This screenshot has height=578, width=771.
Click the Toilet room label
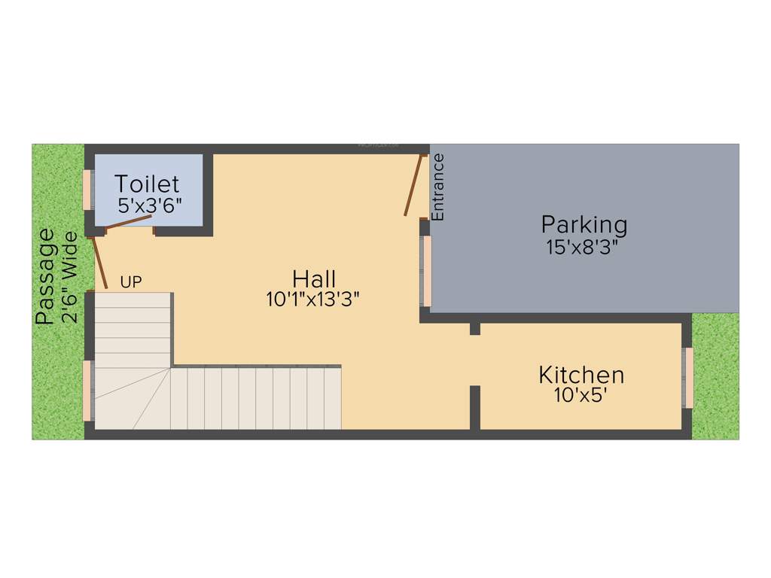pyautogui.click(x=147, y=184)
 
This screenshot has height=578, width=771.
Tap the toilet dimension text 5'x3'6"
pyautogui.click(x=151, y=205)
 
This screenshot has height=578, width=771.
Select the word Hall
pyautogui.click(x=314, y=278)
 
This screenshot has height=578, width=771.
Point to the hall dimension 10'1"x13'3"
pyautogui.click(x=313, y=300)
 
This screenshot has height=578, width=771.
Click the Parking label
pyautogui.click(x=584, y=224)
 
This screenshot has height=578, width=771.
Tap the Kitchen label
pyautogui.click(x=581, y=374)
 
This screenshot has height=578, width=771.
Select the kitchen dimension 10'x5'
pyautogui.click(x=581, y=395)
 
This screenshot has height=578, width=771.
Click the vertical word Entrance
pyautogui.click(x=438, y=187)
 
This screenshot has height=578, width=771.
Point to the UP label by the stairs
pyautogui.click(x=131, y=283)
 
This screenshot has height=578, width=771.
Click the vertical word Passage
pyautogui.click(x=46, y=276)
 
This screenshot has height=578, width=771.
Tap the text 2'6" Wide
pyautogui.click(x=70, y=277)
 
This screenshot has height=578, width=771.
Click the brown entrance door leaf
pyautogui.click(x=413, y=185)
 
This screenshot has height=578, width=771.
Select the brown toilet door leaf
pyautogui.click(x=130, y=221)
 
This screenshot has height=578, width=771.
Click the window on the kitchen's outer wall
pyautogui.click(x=687, y=378)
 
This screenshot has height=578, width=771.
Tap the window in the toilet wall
pyautogui.click(x=88, y=190)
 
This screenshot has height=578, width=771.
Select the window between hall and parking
pyautogui.click(x=426, y=272)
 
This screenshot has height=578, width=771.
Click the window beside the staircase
pyautogui.click(x=88, y=390)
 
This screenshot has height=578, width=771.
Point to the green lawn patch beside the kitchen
pyautogui.click(x=715, y=376)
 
